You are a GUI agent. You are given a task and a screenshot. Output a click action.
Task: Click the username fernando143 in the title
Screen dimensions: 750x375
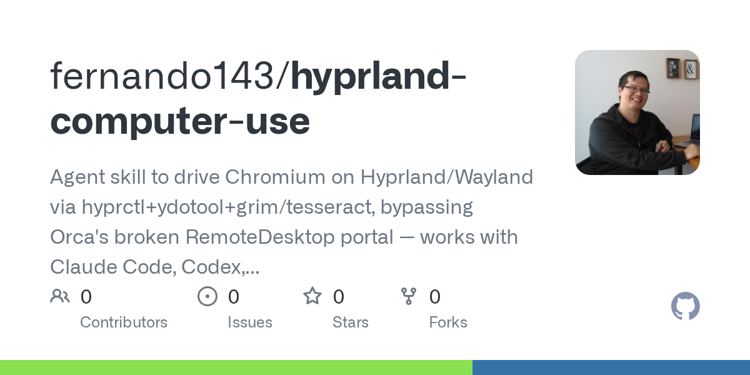(162, 76)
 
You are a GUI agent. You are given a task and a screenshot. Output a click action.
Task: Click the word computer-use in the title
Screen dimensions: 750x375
(180, 121)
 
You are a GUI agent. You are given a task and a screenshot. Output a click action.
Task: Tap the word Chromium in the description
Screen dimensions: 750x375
(275, 177)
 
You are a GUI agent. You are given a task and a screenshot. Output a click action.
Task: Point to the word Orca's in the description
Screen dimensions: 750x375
(79, 237)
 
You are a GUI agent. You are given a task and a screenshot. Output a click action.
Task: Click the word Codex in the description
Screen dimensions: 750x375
(213, 267)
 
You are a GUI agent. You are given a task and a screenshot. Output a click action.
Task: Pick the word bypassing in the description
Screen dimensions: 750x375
(426, 207)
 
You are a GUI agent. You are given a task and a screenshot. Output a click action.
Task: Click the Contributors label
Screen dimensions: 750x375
(124, 322)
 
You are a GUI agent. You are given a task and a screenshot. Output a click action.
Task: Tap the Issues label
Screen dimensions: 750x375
(250, 322)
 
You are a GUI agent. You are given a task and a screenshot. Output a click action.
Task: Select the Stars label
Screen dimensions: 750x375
(350, 322)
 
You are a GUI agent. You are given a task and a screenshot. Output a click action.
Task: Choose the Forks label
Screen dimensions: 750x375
(448, 322)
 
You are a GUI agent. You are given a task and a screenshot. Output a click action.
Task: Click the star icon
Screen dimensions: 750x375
(312, 296)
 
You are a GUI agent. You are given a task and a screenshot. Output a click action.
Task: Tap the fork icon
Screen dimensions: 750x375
(409, 296)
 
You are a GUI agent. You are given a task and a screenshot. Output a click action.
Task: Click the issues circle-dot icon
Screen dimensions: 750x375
(207, 296)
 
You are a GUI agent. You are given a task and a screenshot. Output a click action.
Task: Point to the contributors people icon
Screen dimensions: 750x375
(60, 296)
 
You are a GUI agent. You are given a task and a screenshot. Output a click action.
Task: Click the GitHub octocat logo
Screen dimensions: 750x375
(686, 306)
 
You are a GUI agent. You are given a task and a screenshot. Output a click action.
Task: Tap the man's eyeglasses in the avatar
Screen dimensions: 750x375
(636, 90)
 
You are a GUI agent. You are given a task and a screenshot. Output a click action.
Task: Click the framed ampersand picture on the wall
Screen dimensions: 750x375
(691, 69)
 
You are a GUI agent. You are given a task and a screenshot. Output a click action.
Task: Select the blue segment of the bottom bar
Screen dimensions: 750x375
(611, 367)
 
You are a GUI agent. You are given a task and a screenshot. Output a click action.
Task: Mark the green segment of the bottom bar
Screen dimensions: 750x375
(236, 367)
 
